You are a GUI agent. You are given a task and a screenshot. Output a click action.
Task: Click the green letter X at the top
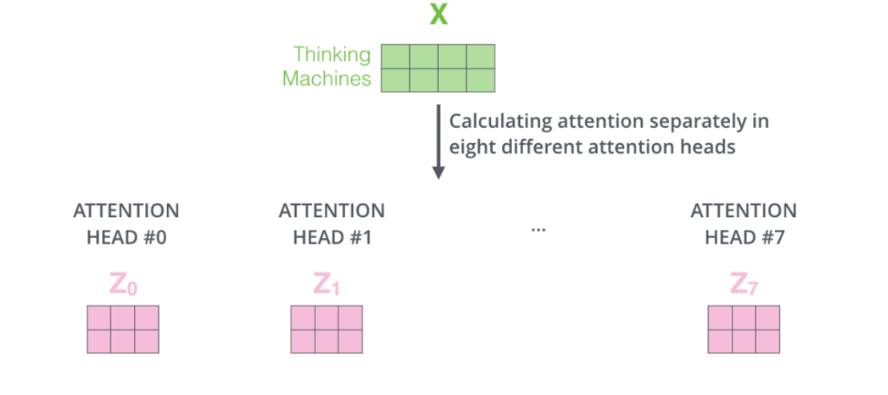click(x=438, y=16)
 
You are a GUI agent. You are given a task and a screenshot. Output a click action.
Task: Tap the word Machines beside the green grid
click(x=327, y=78)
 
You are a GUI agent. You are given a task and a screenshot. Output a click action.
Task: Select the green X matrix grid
click(x=437, y=68)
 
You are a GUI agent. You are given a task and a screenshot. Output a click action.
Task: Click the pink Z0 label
click(x=123, y=285)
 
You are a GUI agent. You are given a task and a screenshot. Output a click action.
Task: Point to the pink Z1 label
click(x=327, y=285)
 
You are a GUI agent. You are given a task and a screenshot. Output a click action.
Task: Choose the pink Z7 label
click(x=744, y=285)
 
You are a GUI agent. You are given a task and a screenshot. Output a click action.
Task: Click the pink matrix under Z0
click(x=123, y=329)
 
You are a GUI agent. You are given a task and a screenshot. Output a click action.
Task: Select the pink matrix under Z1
click(x=327, y=329)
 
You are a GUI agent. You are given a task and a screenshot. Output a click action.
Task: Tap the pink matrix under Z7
click(x=744, y=329)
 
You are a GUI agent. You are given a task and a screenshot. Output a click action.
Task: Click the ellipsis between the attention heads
click(x=538, y=228)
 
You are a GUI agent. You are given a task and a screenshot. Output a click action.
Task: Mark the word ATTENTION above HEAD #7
click(x=743, y=211)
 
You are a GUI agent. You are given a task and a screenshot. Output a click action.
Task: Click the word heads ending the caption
click(x=710, y=147)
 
